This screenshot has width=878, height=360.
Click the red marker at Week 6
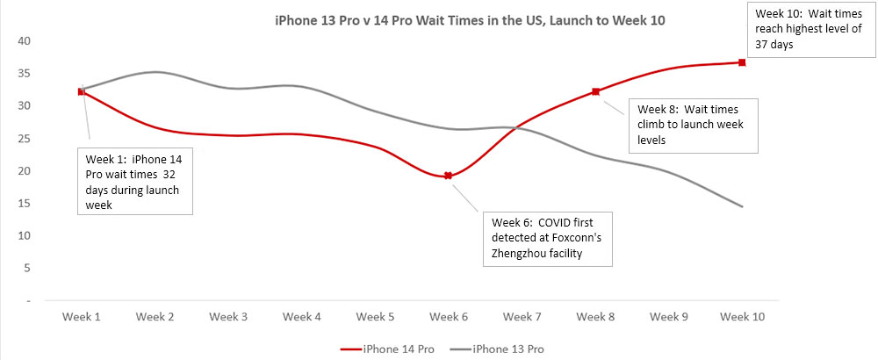tap(448, 176)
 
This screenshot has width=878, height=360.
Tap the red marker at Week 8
tap(595, 91)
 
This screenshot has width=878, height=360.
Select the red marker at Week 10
tap(742, 62)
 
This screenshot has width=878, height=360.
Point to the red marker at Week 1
tap(82, 91)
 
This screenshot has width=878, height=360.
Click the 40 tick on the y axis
tap(23, 41)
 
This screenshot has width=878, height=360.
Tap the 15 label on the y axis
tap(23, 204)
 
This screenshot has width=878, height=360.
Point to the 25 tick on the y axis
tap(23, 139)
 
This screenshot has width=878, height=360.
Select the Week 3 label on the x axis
tap(228, 316)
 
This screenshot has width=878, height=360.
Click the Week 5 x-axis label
tap(375, 316)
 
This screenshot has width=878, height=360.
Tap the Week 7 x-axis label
tap(522, 316)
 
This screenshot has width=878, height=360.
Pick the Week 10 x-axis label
tap(742, 316)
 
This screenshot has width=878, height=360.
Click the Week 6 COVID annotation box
tap(545, 237)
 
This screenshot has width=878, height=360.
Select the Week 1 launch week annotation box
tap(135, 182)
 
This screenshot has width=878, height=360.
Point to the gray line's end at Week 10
tap(742, 206)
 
